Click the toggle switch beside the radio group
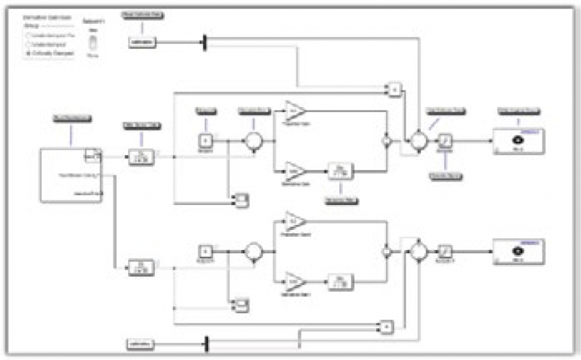(91, 43)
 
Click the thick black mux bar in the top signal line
(205, 43)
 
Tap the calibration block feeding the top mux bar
(142, 43)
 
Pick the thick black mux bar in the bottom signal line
(207, 344)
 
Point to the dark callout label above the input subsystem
(73, 119)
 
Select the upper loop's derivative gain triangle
(294, 170)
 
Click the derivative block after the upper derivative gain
(340, 170)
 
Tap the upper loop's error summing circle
(253, 140)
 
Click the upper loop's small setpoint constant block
(206, 140)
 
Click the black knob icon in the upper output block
(517, 140)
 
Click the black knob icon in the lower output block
(517, 250)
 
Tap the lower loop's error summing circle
(254, 250)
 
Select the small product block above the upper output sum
(395, 89)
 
